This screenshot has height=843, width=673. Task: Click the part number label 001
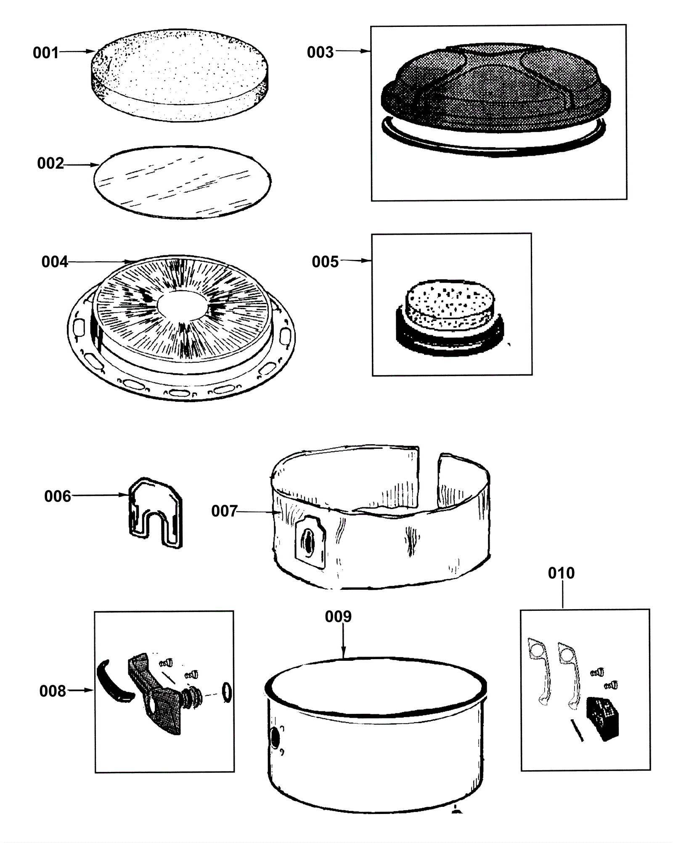tap(45, 53)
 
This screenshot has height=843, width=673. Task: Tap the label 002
tap(50, 163)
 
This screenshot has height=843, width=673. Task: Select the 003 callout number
tap(320, 52)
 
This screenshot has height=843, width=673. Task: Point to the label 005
tap(325, 262)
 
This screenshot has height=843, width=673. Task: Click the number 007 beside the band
tap(224, 511)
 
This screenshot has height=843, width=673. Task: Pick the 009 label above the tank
tap(338, 617)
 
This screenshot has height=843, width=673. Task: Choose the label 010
tap(561, 573)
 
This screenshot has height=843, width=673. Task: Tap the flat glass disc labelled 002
tap(182, 182)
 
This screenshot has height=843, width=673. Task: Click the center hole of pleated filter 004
tap(182, 303)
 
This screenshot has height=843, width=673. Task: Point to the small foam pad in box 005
tap(450, 303)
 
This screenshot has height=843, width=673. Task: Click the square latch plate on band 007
tap(310, 540)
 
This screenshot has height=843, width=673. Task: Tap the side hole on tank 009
tap(275, 738)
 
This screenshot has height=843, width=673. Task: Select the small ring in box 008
tap(226, 693)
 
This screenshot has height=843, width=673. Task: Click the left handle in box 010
tap(539, 671)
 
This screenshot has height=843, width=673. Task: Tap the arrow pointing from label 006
tap(99, 495)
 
